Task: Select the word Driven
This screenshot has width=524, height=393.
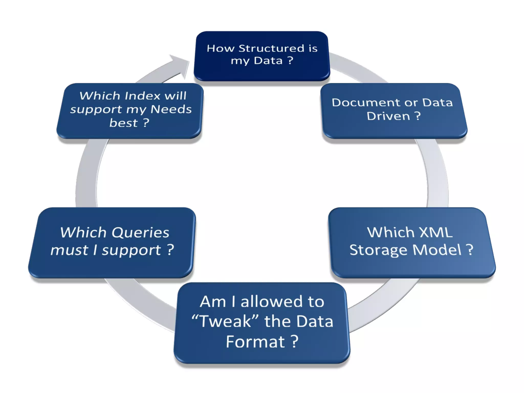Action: point(388,116)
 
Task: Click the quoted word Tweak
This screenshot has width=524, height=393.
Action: point(225,321)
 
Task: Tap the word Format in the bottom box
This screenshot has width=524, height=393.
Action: point(255,342)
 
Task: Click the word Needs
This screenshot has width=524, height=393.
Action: point(171,109)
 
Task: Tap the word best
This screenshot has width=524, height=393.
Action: point(123,123)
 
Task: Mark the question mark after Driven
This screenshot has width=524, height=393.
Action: point(417,116)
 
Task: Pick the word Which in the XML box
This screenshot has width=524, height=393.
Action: point(390,232)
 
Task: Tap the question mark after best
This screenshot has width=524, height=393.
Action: point(146,123)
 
